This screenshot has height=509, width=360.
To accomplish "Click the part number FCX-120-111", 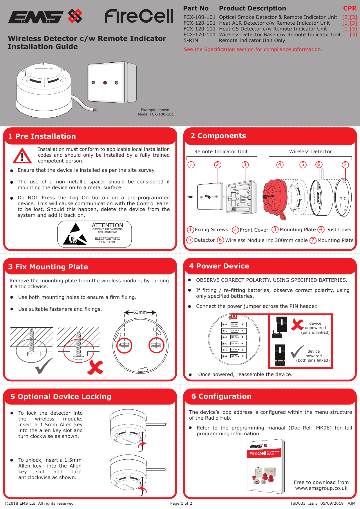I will pyautogui.click(x=199, y=29).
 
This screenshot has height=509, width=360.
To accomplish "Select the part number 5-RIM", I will pyautogui.click(x=191, y=40).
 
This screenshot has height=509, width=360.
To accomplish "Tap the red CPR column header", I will pyautogui.click(x=350, y=8).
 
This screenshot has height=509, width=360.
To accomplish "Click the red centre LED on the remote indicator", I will pyautogui.click(x=105, y=83).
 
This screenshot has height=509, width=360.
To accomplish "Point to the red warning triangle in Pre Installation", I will pyautogui.click(x=22, y=156).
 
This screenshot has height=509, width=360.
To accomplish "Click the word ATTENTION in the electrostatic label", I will pyautogui.click(x=107, y=225).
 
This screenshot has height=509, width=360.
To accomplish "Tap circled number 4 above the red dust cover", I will pyautogui.click(x=280, y=165).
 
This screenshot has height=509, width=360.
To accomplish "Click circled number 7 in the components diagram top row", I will pyautogui.click(x=345, y=165).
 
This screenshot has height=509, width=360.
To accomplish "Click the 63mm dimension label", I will pyautogui.click(x=140, y=312).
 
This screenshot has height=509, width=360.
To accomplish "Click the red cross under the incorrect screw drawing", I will pyautogui.click(x=95, y=367).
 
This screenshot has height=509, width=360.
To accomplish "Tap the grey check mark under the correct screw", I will pyautogui.click(x=44, y=366).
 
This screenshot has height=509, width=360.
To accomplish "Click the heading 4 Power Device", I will pyautogui.click(x=219, y=266).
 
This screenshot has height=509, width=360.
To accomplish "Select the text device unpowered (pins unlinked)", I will pyautogui.click(x=315, y=328).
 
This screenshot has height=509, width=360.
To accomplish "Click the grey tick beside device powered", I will pyautogui.click(x=297, y=352).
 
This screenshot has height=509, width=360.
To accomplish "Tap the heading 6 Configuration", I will pyautogui.click(x=221, y=396).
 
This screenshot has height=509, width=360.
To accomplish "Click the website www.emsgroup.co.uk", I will pyautogui.click(x=321, y=488).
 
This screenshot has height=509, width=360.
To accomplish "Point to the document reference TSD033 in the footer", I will pyautogui.click(x=298, y=503).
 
